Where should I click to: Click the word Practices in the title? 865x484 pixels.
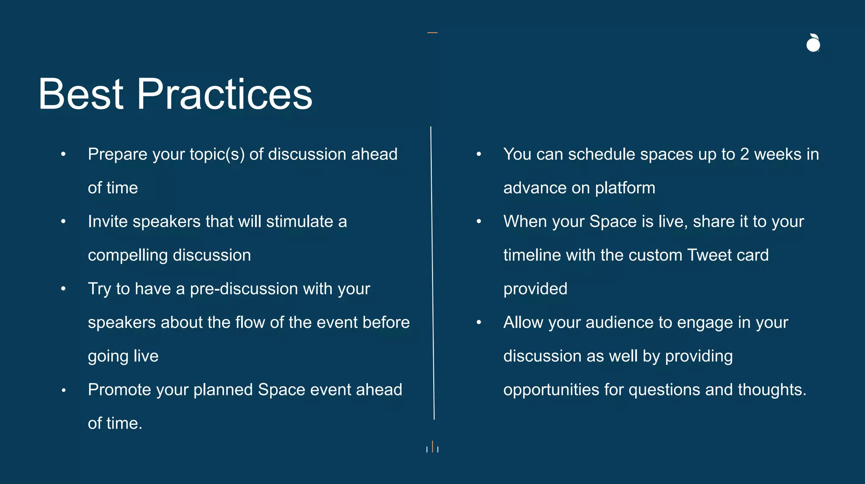coord(224,94)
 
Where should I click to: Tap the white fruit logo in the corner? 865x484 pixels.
coord(813,43)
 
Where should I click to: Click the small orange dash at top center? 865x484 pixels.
coord(432,33)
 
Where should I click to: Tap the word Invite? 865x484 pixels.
coord(108,222)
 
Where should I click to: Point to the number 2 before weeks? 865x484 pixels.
coord(745,155)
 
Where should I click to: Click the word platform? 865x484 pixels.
coord(625,188)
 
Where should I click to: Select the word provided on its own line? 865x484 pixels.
coord(535,289)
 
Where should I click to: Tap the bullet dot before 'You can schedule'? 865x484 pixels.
coord(479,154)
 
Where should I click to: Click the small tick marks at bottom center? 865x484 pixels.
coord(432,447)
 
